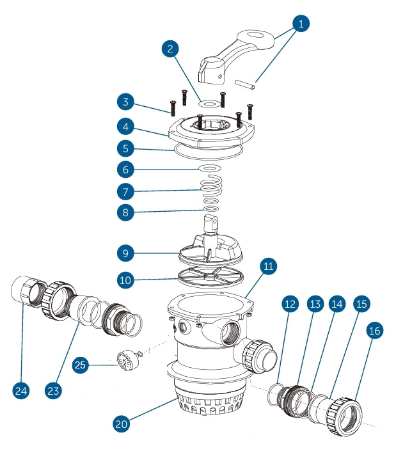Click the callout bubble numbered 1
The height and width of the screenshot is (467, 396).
300,24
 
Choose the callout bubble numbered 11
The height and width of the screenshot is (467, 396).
267,265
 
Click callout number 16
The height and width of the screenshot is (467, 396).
376,331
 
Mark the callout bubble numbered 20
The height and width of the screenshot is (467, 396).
122,423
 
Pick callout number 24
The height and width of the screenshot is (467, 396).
21,389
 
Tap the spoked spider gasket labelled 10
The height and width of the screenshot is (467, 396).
209,278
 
